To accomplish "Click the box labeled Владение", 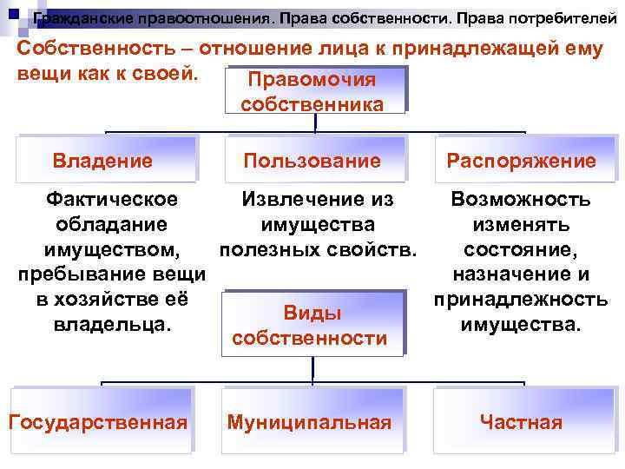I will (102, 160).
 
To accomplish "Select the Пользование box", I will (312, 160).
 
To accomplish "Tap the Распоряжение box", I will (521, 161).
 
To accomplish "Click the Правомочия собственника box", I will (312, 92).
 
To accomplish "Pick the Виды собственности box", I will (312, 325).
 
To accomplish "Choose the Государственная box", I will (98, 422).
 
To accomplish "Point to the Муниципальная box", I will (310, 422).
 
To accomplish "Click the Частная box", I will (521, 422).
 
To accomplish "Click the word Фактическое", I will (112, 199).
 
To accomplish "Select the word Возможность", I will (521, 200).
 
